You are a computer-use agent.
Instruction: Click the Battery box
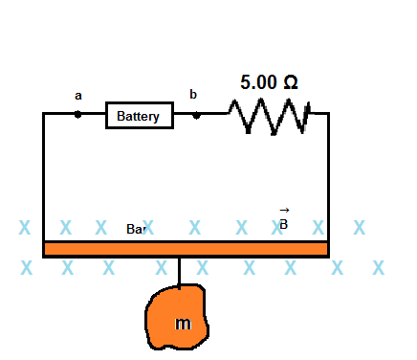pyautogui.click(x=140, y=116)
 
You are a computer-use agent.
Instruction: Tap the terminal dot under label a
pyautogui.click(x=78, y=114)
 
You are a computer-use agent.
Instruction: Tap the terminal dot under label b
pyautogui.click(x=197, y=114)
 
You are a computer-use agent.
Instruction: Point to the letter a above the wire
pyautogui.click(x=78, y=96)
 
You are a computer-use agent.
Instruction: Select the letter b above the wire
pyautogui.click(x=193, y=94)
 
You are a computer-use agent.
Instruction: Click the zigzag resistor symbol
pyautogui.click(x=269, y=115)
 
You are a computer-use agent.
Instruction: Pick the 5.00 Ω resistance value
pyautogui.click(x=269, y=82)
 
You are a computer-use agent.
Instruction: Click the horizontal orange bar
pyautogui.click(x=186, y=249)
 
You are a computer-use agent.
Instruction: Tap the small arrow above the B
pyautogui.click(x=283, y=210)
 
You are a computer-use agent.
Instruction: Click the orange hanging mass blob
pyautogui.click(x=179, y=318)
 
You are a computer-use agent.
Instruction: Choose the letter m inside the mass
pyautogui.click(x=183, y=325)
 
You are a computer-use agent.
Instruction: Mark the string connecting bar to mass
pyautogui.click(x=179, y=271)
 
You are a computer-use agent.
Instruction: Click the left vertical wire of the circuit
pyautogui.click(x=43, y=177)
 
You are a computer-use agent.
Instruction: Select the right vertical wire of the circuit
pyautogui.click(x=328, y=177)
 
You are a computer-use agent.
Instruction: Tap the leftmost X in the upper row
pyautogui.click(x=25, y=228)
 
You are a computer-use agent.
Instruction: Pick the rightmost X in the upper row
pyautogui.click(x=360, y=227)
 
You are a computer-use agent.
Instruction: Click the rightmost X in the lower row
pyautogui.click(x=379, y=266)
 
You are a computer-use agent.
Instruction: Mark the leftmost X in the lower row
pyautogui.click(x=26, y=267)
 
